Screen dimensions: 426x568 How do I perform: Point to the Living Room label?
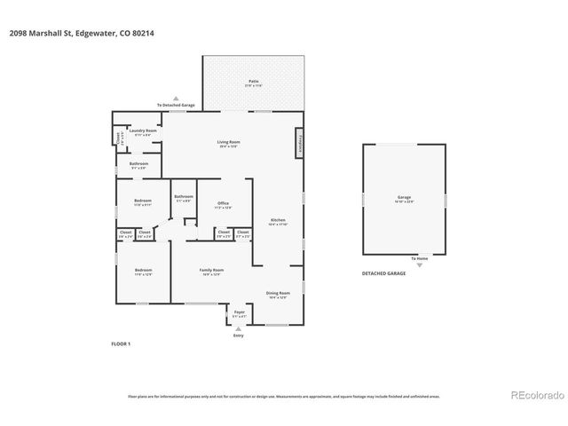coord(229,143)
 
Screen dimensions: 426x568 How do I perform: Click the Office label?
coord(223,204)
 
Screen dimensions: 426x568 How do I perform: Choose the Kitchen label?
coord(277,220)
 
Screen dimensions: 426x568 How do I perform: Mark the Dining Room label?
coord(278,294)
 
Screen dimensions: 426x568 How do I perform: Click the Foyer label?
coord(239,313)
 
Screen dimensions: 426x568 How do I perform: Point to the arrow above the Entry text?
coord(238,328)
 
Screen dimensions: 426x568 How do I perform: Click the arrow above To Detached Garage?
coord(176,99)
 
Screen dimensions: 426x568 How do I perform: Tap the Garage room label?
coord(404,198)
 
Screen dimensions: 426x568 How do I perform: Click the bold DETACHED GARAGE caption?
coord(383,273)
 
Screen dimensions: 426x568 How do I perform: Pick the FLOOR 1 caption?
coord(121,343)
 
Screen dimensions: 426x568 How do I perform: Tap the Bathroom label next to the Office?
coord(184,198)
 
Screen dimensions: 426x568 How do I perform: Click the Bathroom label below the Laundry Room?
coord(138,164)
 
